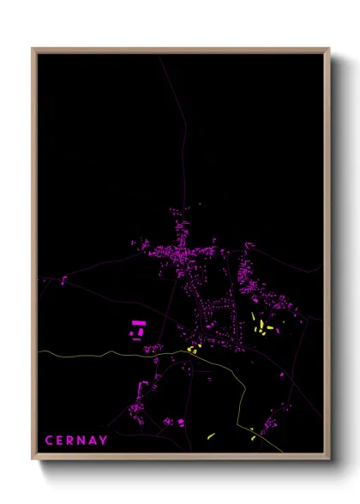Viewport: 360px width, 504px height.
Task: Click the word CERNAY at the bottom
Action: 76,441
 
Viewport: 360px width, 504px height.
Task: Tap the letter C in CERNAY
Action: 49,441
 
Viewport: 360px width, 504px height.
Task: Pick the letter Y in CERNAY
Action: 104,441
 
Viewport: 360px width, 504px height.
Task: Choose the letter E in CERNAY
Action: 60,441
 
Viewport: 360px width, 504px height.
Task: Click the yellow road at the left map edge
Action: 43,352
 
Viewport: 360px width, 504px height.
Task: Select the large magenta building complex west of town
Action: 137,328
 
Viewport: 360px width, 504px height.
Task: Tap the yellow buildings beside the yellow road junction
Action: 193,349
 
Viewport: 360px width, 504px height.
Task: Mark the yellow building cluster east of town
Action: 261,325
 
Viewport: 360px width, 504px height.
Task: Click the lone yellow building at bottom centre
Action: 210,436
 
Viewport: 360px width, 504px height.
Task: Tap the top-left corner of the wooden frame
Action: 33,50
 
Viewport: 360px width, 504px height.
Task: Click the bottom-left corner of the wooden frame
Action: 33,459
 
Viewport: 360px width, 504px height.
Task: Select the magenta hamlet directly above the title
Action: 137,403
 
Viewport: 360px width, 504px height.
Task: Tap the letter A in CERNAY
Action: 93,441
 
